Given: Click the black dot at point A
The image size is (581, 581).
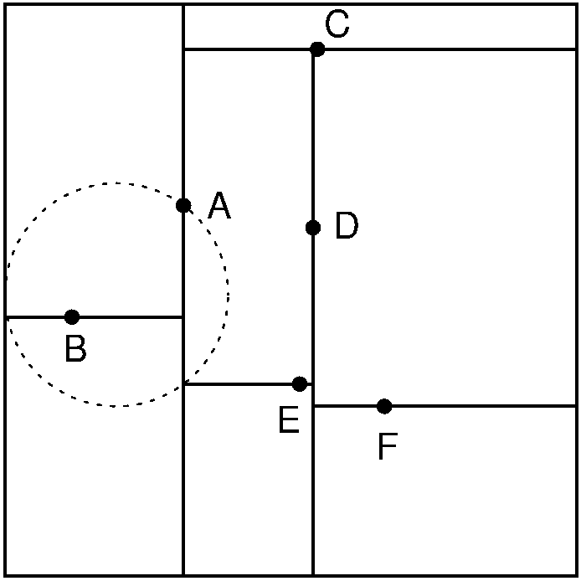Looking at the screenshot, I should (183, 205).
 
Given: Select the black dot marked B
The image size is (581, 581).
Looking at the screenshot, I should (72, 316).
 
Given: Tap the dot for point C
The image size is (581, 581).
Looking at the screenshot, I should (317, 49).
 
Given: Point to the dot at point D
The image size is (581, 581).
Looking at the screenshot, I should (313, 227).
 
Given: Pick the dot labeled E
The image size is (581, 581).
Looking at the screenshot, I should (300, 384).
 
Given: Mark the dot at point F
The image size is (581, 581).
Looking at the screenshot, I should (384, 406).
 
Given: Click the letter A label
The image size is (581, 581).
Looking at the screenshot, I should (219, 206).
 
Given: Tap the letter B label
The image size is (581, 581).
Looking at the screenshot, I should (75, 349).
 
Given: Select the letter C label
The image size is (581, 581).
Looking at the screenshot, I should (337, 26).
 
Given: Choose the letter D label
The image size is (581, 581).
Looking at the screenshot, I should (347, 227).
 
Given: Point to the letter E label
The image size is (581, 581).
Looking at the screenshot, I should (289, 421).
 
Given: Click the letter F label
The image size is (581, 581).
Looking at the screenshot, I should (387, 447).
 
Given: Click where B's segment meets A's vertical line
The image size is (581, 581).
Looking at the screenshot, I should (183, 317).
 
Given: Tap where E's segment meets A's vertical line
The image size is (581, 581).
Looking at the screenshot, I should (183, 384).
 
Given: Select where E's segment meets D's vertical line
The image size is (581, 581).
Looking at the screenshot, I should (313, 384).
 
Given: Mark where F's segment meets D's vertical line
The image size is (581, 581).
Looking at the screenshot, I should (313, 406).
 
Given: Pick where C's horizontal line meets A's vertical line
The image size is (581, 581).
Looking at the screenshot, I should (183, 49).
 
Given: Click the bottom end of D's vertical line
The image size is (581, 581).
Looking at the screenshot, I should (313, 575).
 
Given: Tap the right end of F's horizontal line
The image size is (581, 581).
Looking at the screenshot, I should (576, 406).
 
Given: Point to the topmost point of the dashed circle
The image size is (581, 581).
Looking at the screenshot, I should (116, 183).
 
